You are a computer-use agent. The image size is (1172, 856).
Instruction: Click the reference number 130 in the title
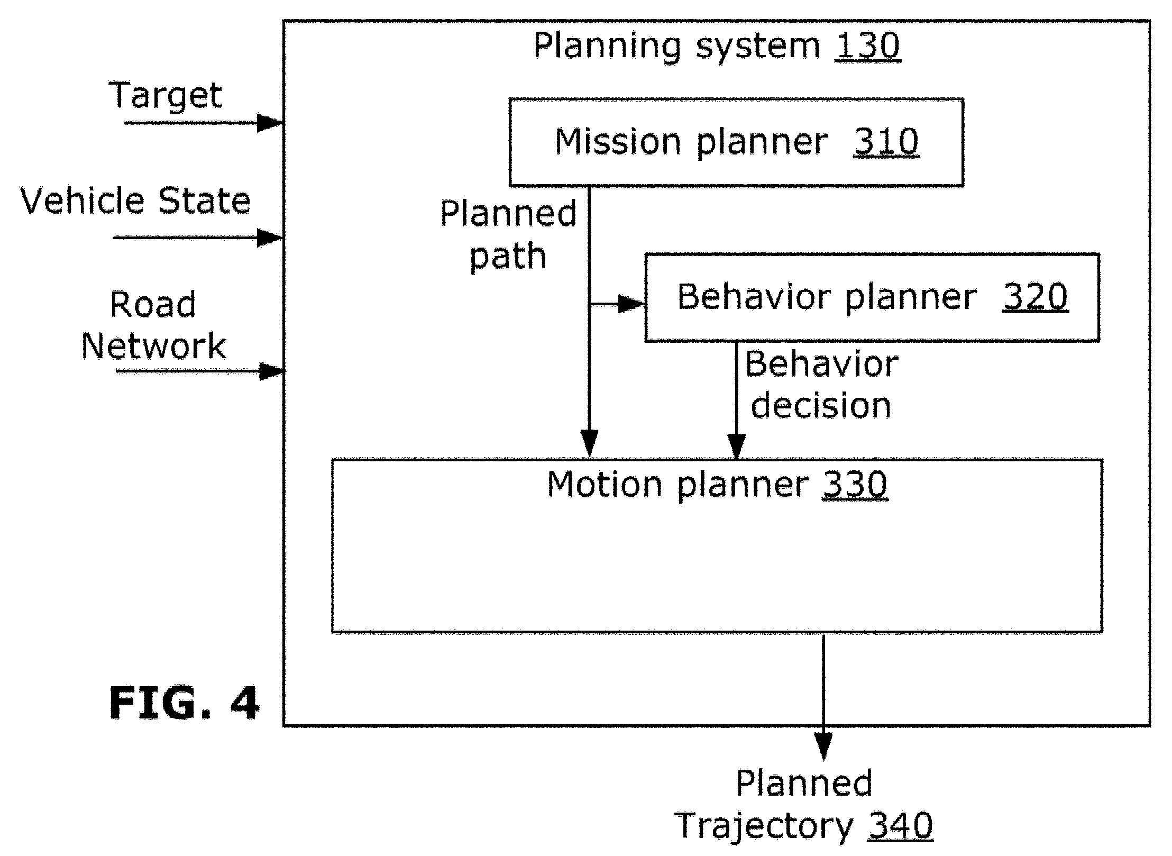(x=867, y=46)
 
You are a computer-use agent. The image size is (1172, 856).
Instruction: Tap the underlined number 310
(x=886, y=142)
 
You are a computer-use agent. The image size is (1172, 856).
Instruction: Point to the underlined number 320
(x=1036, y=297)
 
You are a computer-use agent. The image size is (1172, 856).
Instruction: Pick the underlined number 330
(x=855, y=484)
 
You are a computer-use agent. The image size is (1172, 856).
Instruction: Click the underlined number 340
(x=901, y=826)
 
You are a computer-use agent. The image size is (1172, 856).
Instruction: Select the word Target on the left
(x=166, y=96)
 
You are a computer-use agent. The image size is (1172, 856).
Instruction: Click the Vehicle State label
(x=135, y=201)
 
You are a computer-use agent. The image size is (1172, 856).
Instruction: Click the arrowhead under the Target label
(x=270, y=123)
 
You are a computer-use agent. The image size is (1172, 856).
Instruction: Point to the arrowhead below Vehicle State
(x=270, y=238)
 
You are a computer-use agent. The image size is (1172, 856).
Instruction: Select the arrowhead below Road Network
(x=272, y=371)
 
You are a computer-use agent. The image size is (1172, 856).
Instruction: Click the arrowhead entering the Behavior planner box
(x=631, y=304)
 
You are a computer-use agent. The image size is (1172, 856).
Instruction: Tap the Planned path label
(x=508, y=234)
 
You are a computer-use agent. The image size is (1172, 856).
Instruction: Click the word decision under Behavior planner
(x=821, y=406)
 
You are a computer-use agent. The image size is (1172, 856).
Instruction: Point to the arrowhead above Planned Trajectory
(x=823, y=746)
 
